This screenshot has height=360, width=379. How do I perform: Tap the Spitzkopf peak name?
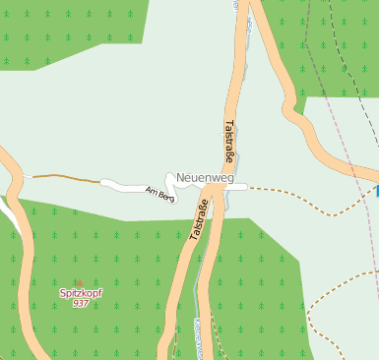click(81, 292)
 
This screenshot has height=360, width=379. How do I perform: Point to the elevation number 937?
click(81, 303)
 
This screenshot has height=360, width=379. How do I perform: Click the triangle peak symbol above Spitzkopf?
click(81, 282)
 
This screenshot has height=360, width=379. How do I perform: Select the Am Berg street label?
click(158, 193)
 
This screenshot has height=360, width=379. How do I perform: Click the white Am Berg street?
click(123, 184)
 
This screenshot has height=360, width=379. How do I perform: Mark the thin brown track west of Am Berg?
click(64, 177)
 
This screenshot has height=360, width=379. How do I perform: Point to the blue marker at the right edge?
click(376, 191)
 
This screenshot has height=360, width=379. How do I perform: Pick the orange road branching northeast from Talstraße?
click(285, 79)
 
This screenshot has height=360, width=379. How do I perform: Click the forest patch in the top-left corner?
click(59, 30)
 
